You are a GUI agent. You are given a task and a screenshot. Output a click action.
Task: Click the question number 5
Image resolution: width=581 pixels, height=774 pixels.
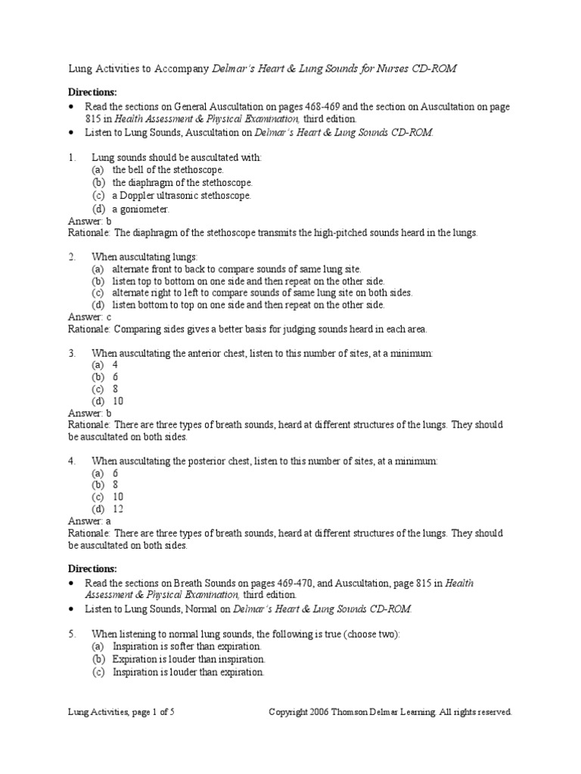coord(72,633)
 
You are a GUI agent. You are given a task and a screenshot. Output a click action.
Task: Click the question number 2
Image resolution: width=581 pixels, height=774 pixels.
coord(72,257)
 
